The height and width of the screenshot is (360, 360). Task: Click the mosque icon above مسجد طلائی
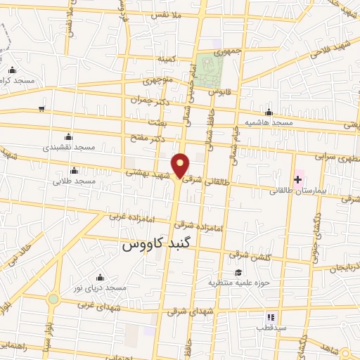pos(75,171)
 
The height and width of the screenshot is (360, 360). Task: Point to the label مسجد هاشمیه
pos(267,123)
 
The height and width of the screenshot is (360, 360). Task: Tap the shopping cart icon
pos(42,109)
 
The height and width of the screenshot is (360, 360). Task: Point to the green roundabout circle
pos(53,299)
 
